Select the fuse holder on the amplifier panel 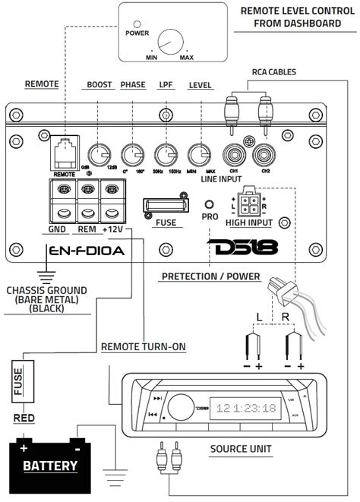(x=165, y=207)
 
